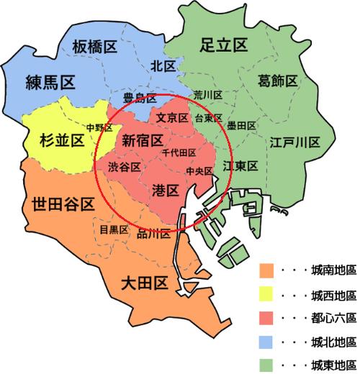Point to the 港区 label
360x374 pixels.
click(166, 191)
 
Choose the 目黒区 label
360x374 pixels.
click(114, 230)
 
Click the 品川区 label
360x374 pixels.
click(153, 234)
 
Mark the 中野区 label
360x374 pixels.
click(99, 127)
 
